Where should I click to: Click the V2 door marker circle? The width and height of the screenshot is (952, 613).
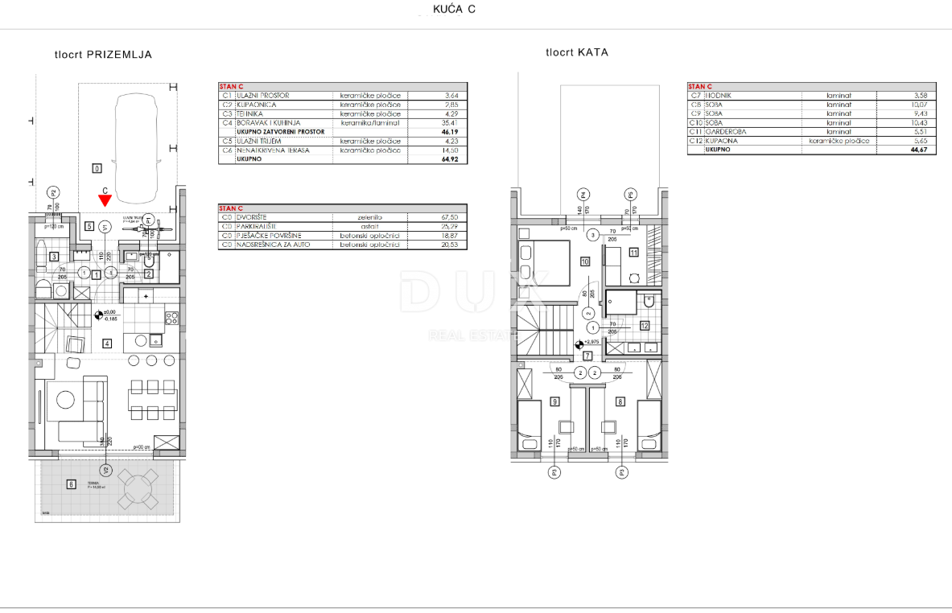click(x=104, y=470)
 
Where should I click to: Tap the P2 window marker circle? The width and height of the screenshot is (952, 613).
click(x=54, y=192)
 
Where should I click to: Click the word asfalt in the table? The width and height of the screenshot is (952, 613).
click(x=369, y=226)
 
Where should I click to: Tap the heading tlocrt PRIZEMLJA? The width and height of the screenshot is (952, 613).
click(x=102, y=55)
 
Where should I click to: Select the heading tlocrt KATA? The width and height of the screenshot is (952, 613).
click(x=576, y=52)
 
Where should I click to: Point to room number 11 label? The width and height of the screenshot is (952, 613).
click(x=633, y=253)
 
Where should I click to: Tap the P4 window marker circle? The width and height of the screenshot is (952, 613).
click(x=584, y=193)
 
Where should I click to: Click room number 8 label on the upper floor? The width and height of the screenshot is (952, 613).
click(x=620, y=401)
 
